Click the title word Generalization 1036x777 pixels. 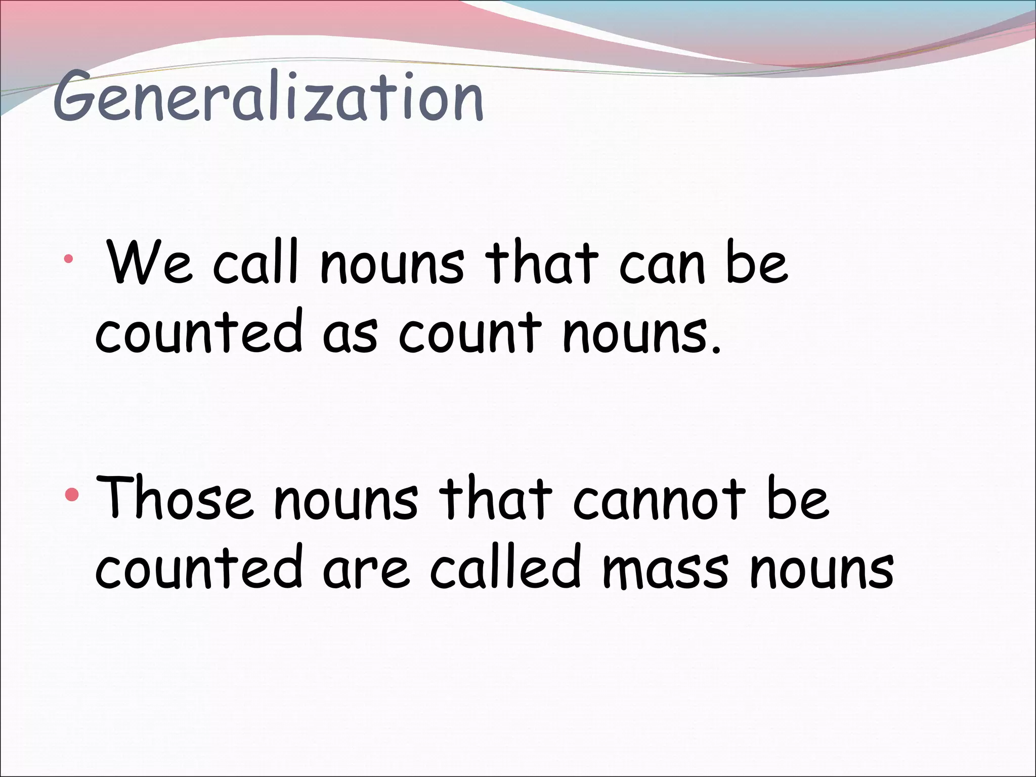point(268,99)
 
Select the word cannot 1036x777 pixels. point(660,499)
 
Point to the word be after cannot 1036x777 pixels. point(798,498)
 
